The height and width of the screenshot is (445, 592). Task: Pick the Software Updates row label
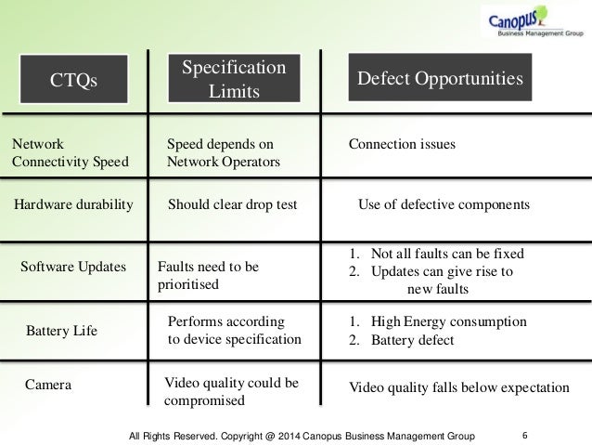coord(73,267)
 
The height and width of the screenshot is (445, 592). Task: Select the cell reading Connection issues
coord(401,145)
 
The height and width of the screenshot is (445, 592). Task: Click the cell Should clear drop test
coord(232,204)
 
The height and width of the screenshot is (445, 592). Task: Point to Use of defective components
coord(443,204)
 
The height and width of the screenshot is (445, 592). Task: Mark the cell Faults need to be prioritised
coord(209,275)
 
